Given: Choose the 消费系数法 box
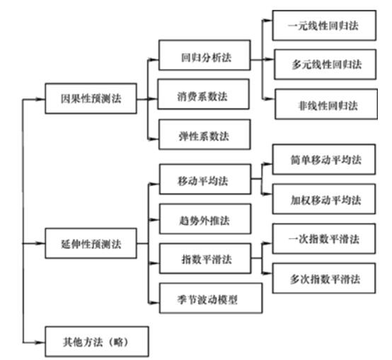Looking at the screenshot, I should [204, 95].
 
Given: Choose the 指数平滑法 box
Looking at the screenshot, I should [204, 259].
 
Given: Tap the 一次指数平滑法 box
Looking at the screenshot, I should [324, 240].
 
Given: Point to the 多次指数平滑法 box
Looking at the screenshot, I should [324, 279].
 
